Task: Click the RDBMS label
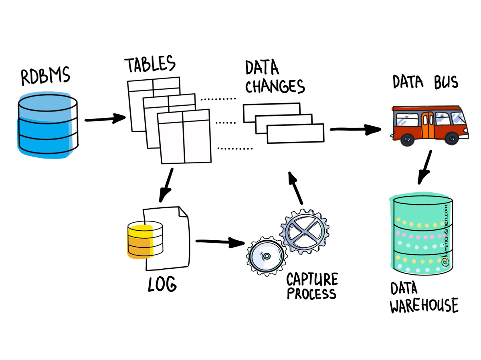(x=45, y=76)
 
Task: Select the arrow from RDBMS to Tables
(x=105, y=119)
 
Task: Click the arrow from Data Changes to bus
(x=355, y=129)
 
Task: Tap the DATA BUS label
(x=425, y=82)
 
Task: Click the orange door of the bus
(x=427, y=125)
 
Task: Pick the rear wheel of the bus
(x=407, y=139)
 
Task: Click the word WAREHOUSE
(x=424, y=306)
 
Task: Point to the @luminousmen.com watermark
(x=446, y=236)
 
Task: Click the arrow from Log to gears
(x=220, y=241)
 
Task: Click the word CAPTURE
(x=312, y=280)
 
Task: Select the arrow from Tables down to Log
(x=166, y=185)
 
